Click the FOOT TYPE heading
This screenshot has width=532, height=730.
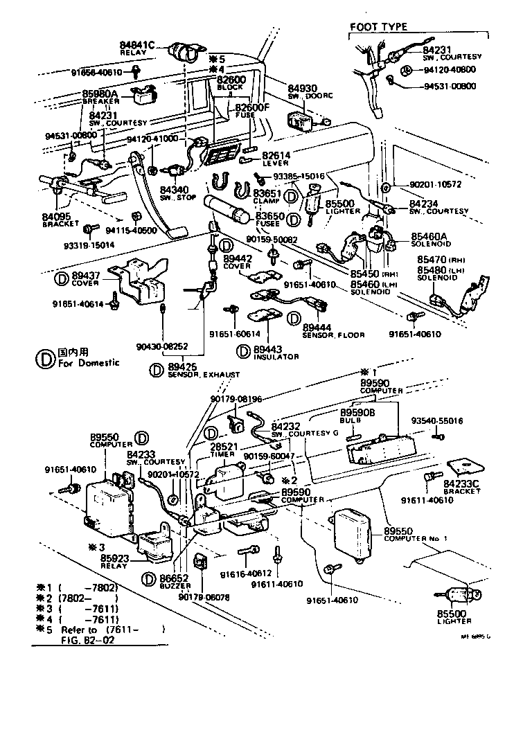378,27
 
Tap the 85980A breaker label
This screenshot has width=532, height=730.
100,94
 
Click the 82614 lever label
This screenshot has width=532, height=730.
276,155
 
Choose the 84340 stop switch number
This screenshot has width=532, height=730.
174,190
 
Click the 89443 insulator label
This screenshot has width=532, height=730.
267,350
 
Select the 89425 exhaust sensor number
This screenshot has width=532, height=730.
182,366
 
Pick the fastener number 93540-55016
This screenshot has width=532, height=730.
437,421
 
